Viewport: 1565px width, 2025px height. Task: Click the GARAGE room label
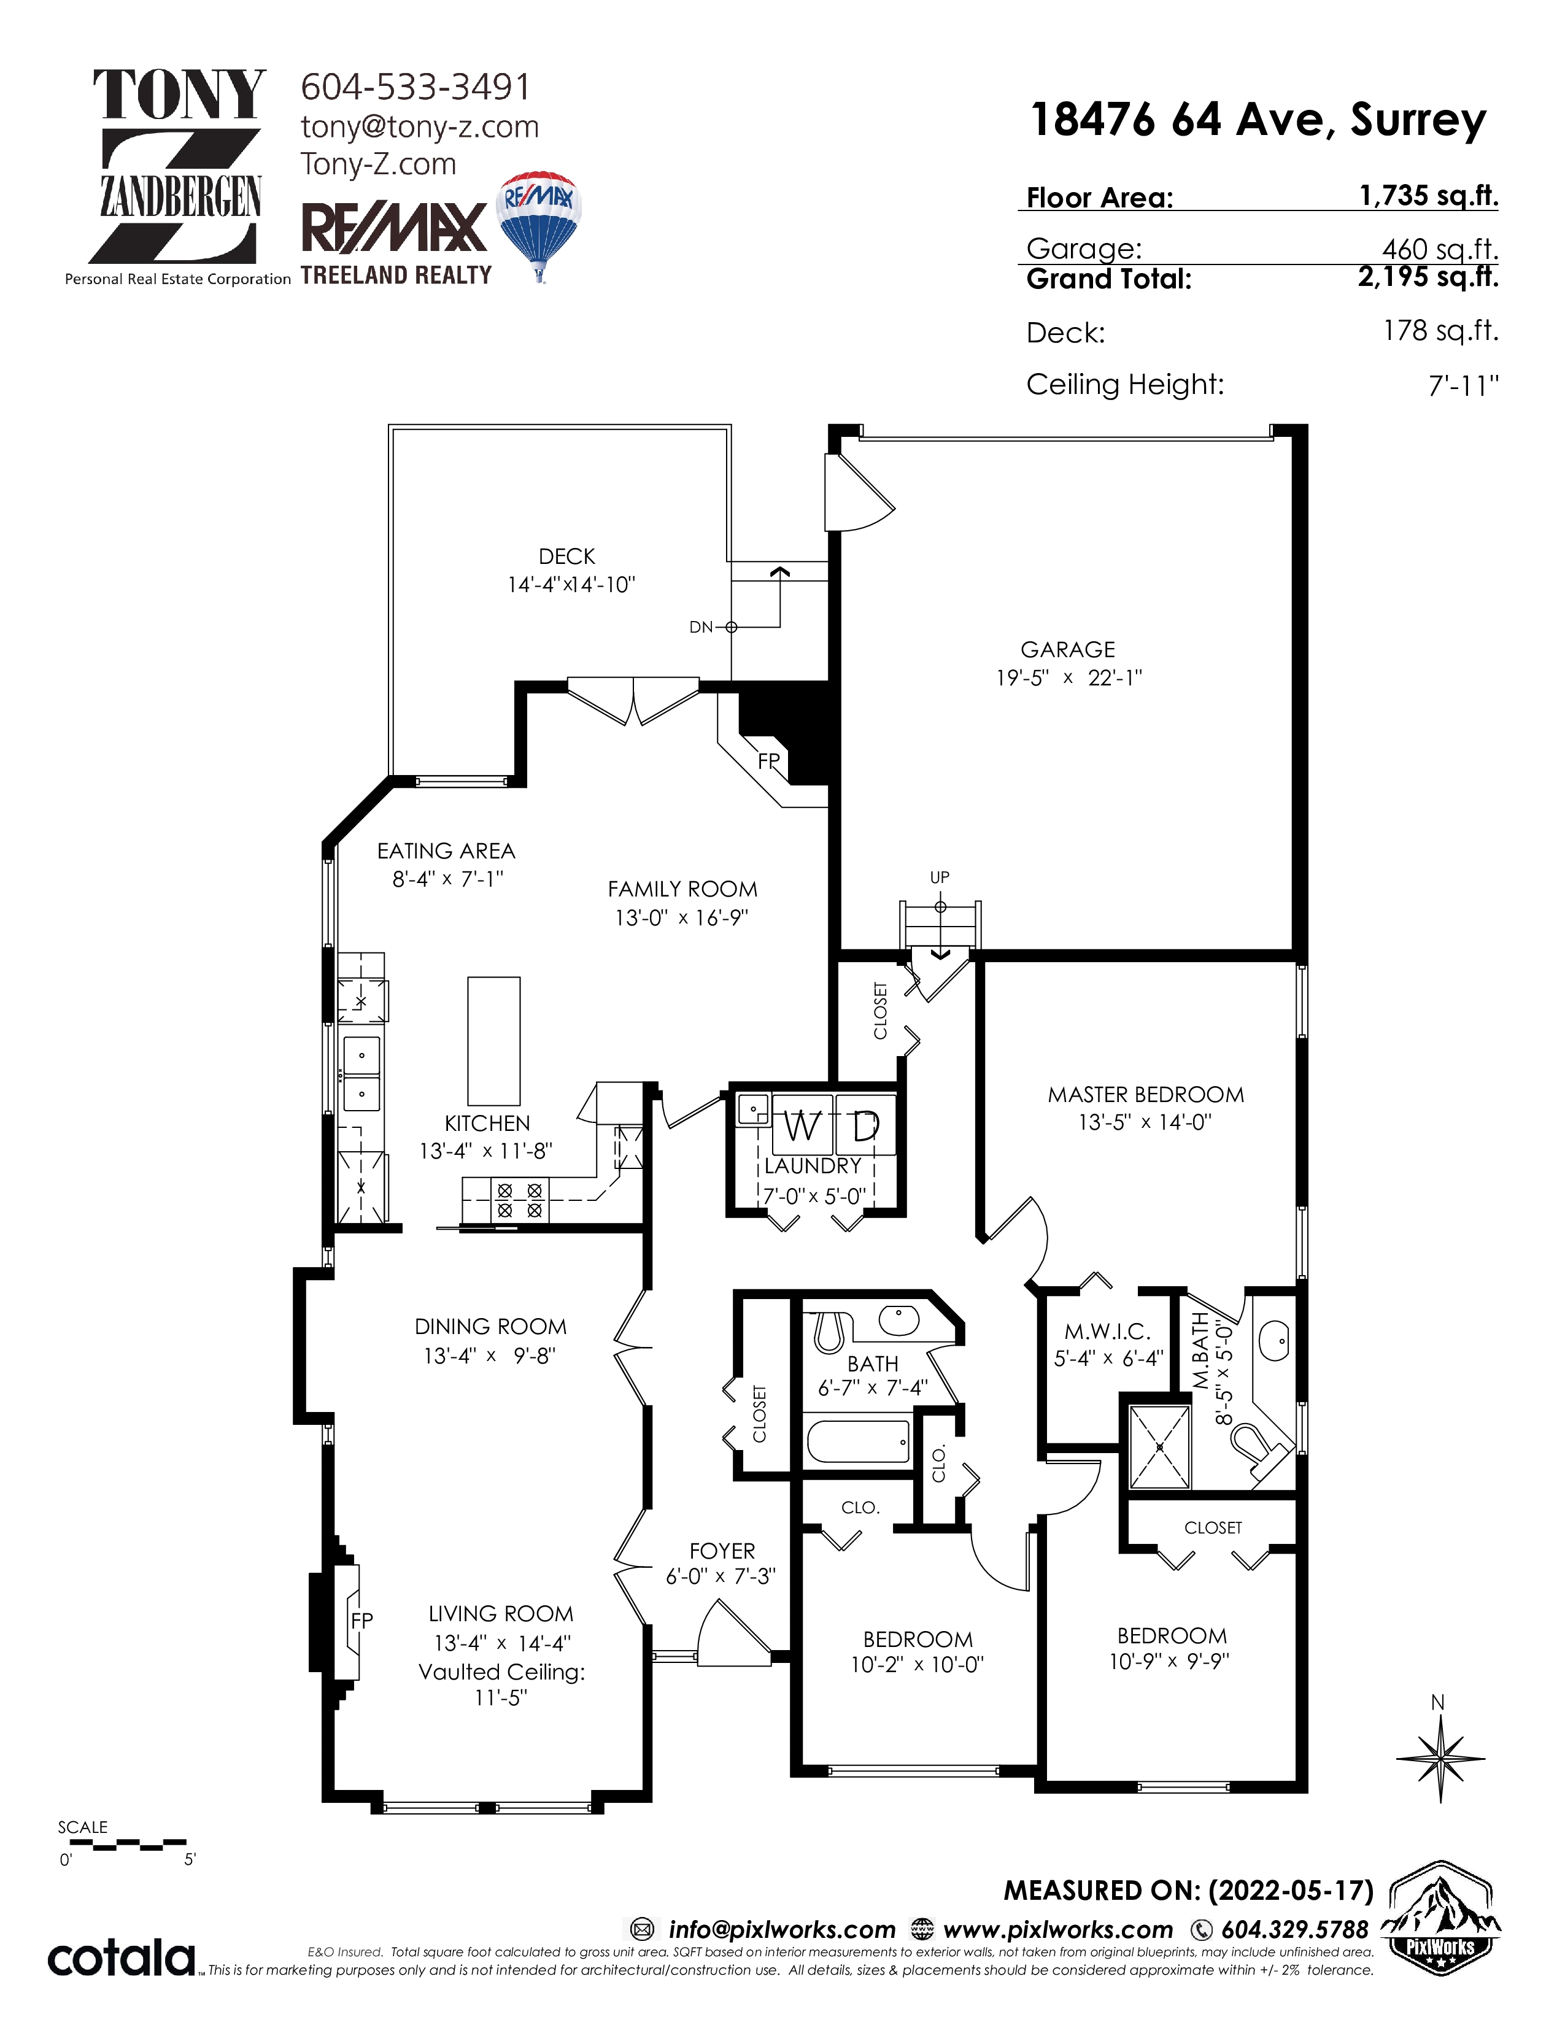tap(1067, 650)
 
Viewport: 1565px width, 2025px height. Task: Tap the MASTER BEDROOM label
tap(1146, 1094)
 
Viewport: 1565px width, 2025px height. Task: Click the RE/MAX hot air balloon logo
tap(538, 226)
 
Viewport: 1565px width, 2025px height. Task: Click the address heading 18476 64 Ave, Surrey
tap(1258, 120)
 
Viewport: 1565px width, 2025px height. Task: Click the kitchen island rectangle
tap(493, 1040)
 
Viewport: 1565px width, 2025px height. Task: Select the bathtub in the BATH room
tap(859, 1441)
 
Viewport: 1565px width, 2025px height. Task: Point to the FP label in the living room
tap(361, 1620)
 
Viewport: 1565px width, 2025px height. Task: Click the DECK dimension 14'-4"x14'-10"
tap(571, 584)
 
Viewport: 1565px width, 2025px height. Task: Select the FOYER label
tap(722, 1551)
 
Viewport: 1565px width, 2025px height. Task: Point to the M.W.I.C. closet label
tap(1107, 1332)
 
